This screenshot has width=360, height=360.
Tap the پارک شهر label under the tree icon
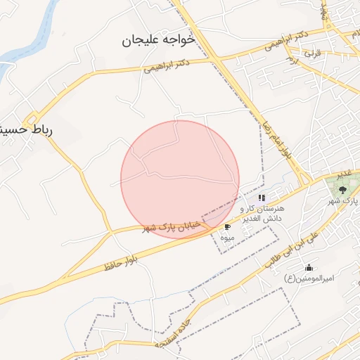344,201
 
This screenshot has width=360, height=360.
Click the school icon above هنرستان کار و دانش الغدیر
262,198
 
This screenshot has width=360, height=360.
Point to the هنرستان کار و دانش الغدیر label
261,214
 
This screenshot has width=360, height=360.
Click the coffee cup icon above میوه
227,227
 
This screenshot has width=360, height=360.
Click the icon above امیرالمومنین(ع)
309,267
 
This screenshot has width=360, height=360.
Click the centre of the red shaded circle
180,179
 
